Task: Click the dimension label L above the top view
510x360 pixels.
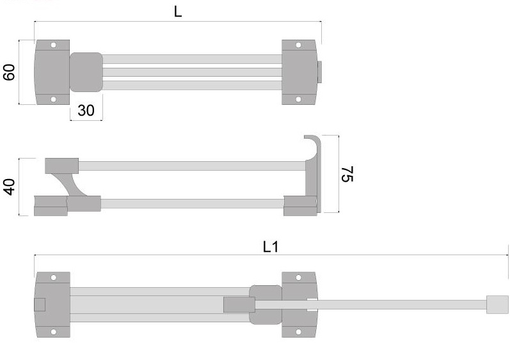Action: (x=178, y=12)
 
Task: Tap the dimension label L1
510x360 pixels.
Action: (x=271, y=247)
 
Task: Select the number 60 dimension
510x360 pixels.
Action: (x=9, y=72)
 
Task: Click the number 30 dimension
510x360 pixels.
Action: (x=86, y=111)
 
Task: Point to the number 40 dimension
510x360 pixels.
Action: (x=9, y=187)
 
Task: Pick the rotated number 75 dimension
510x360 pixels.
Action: (x=347, y=174)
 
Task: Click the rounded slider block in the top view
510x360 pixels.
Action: (x=86, y=72)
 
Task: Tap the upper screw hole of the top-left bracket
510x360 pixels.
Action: (x=54, y=45)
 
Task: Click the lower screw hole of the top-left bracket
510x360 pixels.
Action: (x=54, y=99)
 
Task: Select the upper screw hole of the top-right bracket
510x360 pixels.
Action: (x=298, y=45)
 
